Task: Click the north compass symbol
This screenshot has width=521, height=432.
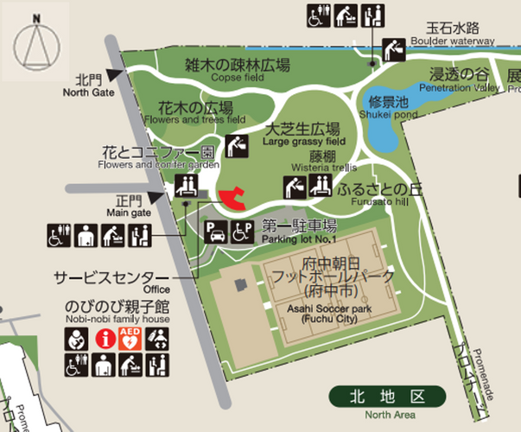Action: [37, 42]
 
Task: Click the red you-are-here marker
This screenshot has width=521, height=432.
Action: [232, 199]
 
